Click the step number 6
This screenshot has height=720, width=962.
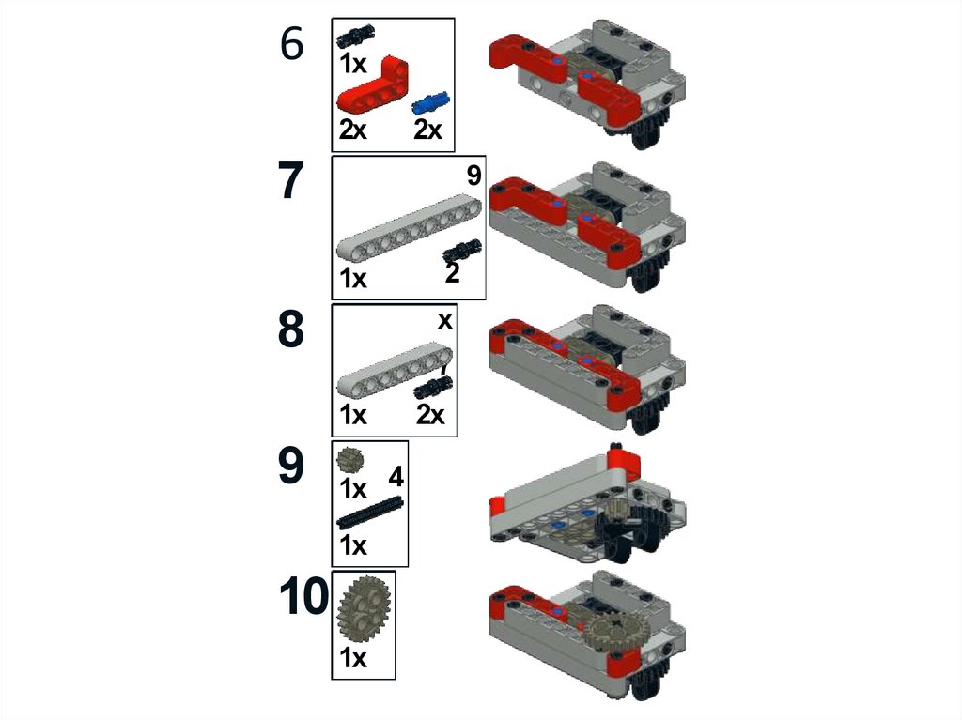[292, 45]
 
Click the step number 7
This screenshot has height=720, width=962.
[292, 182]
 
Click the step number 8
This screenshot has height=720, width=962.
[291, 329]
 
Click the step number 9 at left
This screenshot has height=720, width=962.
[291, 467]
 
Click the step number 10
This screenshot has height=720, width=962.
[303, 598]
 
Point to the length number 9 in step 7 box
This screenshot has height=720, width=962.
[473, 176]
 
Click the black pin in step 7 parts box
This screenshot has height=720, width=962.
[461, 250]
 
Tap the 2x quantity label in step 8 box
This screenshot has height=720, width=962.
[430, 414]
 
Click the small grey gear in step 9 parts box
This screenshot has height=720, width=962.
[349, 460]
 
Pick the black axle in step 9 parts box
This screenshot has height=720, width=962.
[370, 513]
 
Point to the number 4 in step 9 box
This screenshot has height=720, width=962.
[396, 477]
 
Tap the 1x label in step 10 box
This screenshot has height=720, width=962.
[353, 659]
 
